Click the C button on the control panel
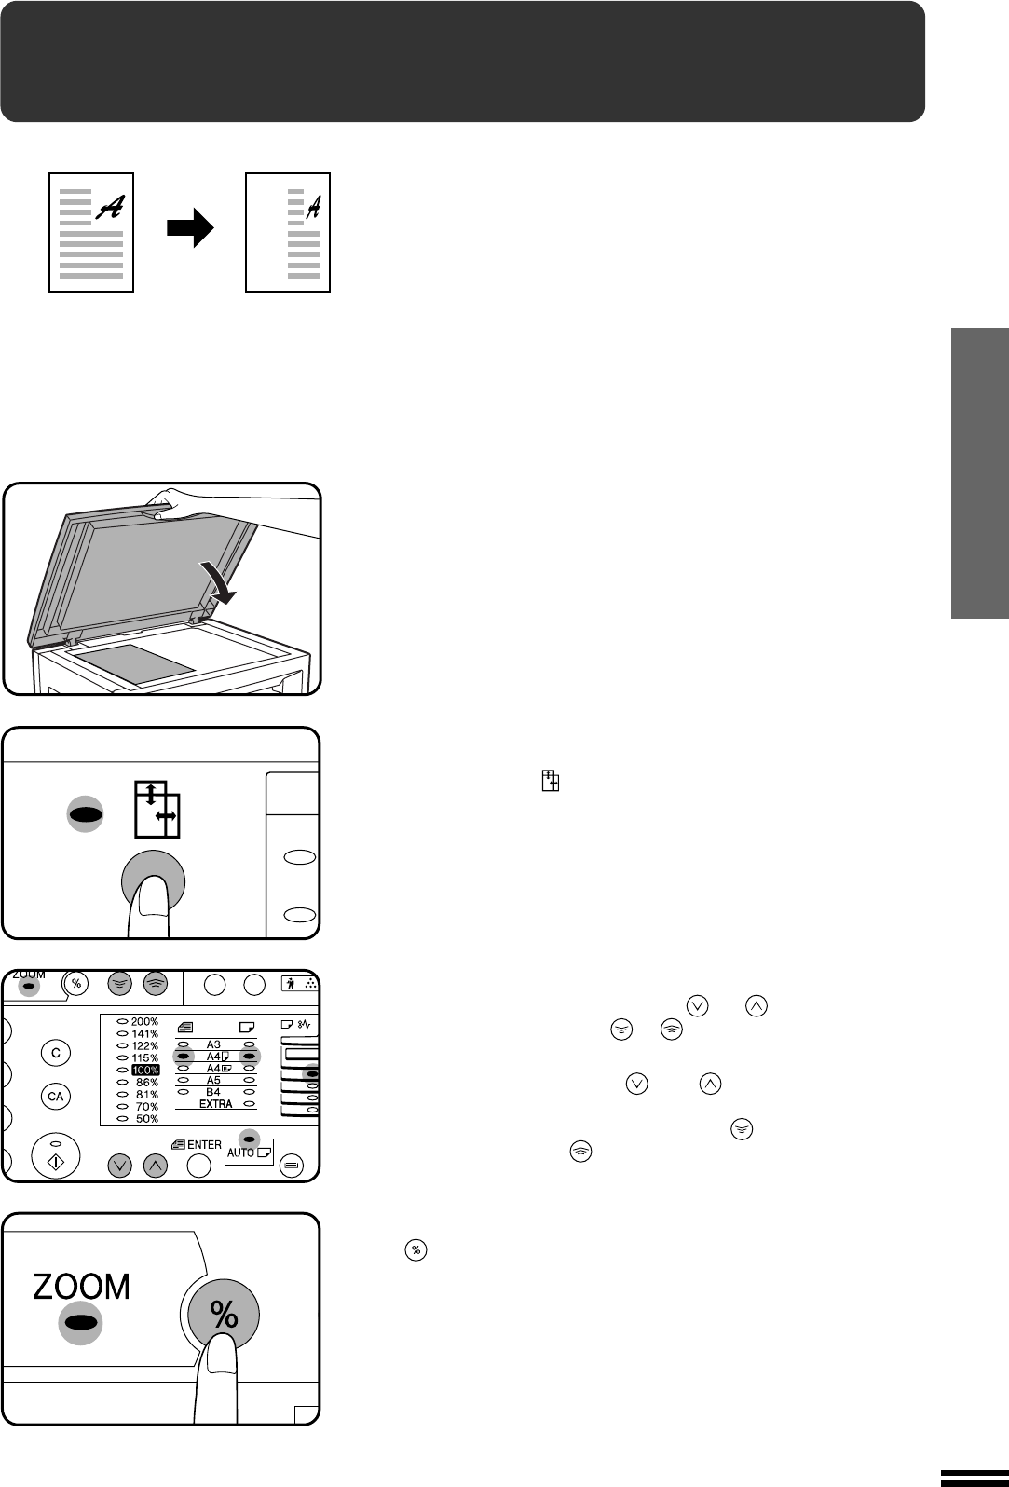[56, 1053]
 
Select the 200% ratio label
[144, 1022]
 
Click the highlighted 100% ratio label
[145, 1071]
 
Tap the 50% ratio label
[147, 1119]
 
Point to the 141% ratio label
[144, 1033]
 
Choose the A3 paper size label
[213, 1044]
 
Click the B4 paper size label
[213, 1092]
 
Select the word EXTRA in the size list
[216, 1104]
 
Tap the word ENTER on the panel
[204, 1144]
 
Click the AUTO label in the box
[240, 1153]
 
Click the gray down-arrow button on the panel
[119, 1166]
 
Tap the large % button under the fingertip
[224, 1315]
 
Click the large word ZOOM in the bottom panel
[82, 1287]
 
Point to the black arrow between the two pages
[190, 228]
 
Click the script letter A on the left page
[110, 207]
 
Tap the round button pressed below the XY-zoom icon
[154, 882]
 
